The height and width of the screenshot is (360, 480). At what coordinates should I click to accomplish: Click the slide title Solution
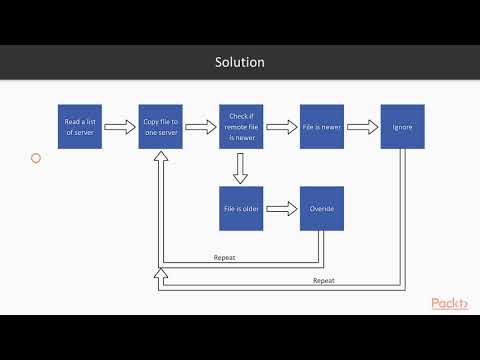point(240,62)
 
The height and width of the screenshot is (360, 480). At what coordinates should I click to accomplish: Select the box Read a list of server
point(79,127)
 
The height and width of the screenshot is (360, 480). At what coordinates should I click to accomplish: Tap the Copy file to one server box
point(160,127)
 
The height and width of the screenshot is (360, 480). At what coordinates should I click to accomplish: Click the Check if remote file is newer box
point(241,127)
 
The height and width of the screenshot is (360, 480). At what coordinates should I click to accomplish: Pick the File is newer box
point(322,127)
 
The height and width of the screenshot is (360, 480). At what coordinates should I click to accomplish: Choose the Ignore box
point(402,127)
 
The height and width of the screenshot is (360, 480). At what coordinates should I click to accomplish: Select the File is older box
point(241,208)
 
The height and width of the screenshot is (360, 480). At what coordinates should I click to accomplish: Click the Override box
point(322,208)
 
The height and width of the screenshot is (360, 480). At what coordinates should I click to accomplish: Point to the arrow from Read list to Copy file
point(119,127)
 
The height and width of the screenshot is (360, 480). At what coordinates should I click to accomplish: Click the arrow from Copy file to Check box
point(200,127)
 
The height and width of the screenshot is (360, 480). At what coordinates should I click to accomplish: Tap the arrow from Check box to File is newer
point(281,127)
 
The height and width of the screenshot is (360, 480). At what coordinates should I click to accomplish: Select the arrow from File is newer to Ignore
point(362,127)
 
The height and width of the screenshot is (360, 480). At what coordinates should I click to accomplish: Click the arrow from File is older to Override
point(281,208)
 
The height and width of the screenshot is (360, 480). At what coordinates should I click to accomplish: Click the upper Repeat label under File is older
point(225,258)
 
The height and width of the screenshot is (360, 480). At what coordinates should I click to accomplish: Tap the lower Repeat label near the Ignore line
point(323,281)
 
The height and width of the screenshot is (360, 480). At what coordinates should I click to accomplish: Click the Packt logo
point(450,304)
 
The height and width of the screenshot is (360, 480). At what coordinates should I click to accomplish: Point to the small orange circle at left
point(36,158)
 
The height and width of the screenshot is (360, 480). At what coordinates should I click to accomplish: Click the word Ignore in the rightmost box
point(402,127)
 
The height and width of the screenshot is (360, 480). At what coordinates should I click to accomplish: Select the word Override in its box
point(322,208)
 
